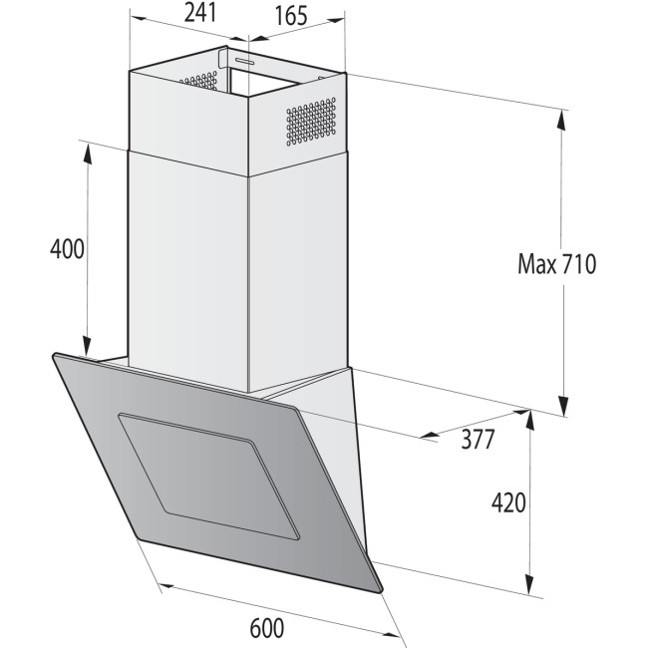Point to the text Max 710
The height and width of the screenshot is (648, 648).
(x=556, y=264)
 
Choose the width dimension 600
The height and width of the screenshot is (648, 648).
(x=268, y=629)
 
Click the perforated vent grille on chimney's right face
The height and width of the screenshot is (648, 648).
(x=312, y=122)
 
